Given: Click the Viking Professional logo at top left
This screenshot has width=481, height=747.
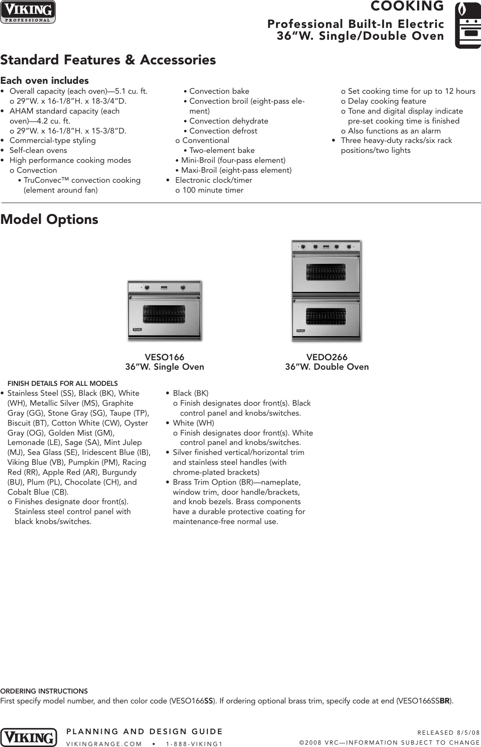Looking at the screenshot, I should point(28,12).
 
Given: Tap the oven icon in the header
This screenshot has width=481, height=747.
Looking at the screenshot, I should point(467,25).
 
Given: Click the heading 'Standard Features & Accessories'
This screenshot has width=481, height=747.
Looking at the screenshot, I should point(108,60).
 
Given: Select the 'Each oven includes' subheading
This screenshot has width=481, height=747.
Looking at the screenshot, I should point(45,80).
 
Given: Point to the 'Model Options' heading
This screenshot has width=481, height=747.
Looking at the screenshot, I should point(49,220).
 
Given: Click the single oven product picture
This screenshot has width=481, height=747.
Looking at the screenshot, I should point(164,310).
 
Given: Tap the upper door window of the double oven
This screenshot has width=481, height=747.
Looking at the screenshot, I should point(326,271).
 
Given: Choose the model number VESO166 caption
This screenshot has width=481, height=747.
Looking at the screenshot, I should point(164,357).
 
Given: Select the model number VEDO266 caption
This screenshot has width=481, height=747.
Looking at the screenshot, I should point(327,357).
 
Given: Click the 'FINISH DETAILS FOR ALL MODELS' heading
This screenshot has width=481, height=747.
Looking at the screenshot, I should point(62,383).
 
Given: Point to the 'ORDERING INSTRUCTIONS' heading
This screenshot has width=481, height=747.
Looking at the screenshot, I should point(44,691).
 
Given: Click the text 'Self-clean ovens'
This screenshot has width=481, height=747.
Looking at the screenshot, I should point(38,151).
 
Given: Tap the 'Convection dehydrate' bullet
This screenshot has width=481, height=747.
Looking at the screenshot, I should point(229,121).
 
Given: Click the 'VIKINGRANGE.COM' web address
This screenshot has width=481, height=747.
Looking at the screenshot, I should point(104,744).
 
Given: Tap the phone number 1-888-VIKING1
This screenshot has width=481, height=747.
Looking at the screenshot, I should point(195,744).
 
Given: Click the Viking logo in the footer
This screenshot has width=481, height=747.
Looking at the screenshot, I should point(28,738).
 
